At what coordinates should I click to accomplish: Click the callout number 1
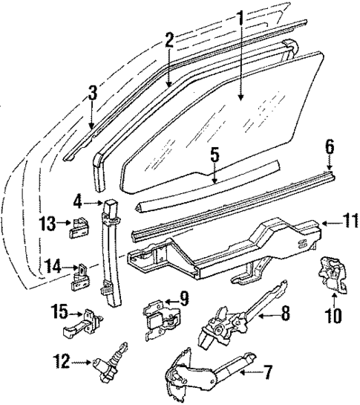pyautogui.click(x=239, y=16)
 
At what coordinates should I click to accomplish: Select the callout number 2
pyautogui.click(x=170, y=39)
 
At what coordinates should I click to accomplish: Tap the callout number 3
pyautogui.click(x=91, y=94)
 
